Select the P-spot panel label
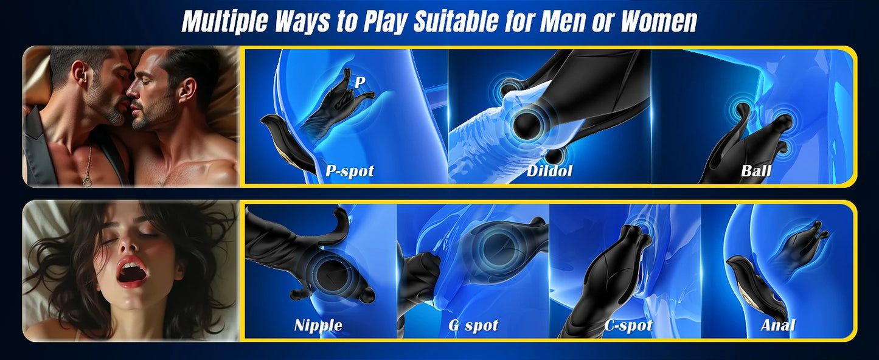click(349, 171)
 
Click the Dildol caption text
click(550, 171)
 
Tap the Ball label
click(756, 171)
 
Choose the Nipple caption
click(318, 325)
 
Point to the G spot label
click(473, 325)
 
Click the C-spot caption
click(628, 325)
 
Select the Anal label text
click(778, 325)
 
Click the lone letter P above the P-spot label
click(360, 82)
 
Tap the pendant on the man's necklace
click(87, 181)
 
